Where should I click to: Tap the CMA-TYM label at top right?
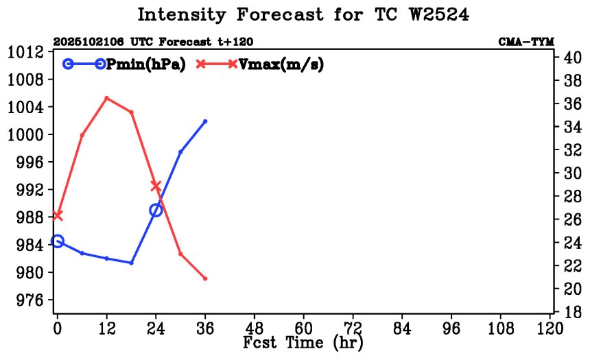click(x=527, y=42)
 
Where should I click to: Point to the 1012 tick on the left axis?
click(x=26, y=52)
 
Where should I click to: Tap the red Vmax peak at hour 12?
click(x=106, y=98)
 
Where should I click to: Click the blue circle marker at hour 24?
click(x=156, y=210)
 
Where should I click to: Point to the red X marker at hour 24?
click(x=156, y=186)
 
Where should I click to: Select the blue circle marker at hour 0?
click(x=58, y=241)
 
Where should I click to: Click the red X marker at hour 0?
click(x=58, y=215)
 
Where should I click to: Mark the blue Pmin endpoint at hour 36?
click(x=205, y=121)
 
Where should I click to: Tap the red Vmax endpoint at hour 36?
click(x=205, y=278)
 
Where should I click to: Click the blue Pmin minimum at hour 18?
click(x=131, y=263)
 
